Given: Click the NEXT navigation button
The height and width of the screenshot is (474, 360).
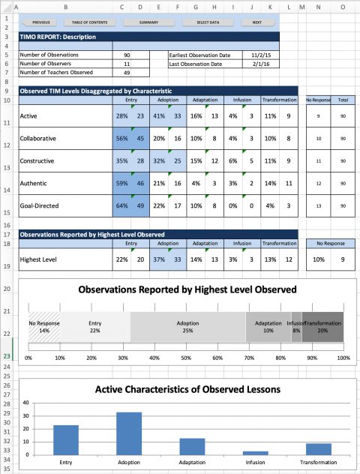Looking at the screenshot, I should click(x=256, y=22).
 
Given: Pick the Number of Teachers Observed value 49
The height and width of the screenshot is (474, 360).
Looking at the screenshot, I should click(x=126, y=73).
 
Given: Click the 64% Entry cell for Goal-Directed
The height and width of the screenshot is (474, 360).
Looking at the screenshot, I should click(x=121, y=205).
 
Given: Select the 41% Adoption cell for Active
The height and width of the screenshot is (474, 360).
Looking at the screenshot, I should click(x=158, y=116).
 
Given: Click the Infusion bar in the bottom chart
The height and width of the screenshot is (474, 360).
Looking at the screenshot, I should click(x=256, y=452).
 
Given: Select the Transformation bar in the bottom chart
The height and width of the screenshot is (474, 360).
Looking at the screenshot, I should click(x=319, y=448).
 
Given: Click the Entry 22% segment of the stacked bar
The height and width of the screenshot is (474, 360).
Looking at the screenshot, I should click(x=95, y=327).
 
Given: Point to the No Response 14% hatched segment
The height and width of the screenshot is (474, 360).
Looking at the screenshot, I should click(x=44, y=327).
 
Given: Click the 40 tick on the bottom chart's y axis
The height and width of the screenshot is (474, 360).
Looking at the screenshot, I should click(x=25, y=402).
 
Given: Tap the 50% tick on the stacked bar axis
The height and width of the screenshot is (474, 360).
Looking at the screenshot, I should click(x=186, y=358).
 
